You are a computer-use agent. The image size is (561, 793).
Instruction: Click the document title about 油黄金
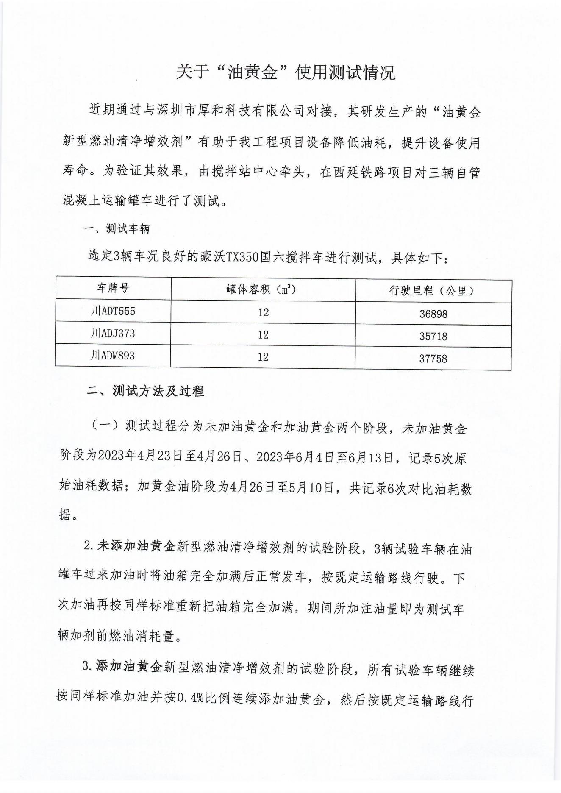tap(286, 72)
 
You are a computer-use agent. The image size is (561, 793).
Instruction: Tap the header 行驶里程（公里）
tap(433, 291)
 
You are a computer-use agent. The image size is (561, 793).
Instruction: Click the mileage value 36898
tap(433, 314)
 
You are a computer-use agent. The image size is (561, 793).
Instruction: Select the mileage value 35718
tap(433, 337)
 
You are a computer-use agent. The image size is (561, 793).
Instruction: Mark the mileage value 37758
tap(433, 359)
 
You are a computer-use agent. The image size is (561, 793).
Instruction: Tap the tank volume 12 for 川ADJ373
tap(263, 335)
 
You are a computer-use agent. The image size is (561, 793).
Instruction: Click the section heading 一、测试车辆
tap(117, 229)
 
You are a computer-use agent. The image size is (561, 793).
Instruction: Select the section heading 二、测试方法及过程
tap(145, 391)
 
